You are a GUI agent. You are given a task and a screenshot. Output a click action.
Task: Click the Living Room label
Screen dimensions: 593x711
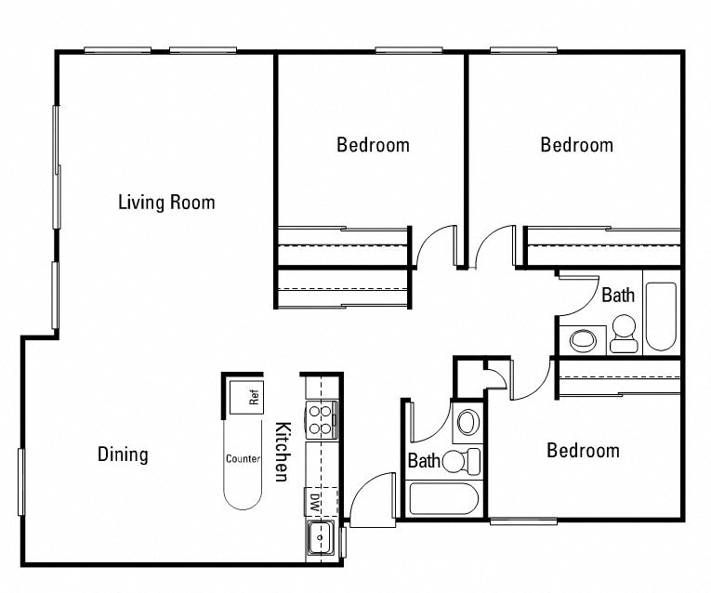pos(166,202)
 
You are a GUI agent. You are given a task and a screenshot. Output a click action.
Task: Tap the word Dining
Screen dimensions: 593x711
pos(123,455)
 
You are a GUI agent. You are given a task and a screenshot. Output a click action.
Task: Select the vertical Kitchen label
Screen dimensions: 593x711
pos(282,452)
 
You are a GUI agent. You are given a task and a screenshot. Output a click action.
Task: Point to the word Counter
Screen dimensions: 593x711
pos(242,458)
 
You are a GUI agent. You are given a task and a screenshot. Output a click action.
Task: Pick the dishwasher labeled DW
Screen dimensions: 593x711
pos(315,502)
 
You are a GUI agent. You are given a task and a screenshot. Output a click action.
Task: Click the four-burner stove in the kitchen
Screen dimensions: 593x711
pos(321,420)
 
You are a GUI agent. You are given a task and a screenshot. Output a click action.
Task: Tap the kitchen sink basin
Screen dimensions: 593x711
pos(320,536)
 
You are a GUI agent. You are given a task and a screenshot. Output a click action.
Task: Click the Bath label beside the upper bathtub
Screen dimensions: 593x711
pos(618,296)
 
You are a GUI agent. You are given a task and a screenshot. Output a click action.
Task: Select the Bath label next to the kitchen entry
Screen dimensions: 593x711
pos(424,460)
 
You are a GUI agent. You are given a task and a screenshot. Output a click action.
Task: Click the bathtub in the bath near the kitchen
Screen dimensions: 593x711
pos(443,498)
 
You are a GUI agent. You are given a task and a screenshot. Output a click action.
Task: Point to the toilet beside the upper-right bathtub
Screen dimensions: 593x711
pos(623,335)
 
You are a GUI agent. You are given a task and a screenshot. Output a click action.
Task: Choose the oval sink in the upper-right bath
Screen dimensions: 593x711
pos(584,339)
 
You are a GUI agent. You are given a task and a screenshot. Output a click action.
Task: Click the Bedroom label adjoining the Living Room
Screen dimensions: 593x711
pos(373,145)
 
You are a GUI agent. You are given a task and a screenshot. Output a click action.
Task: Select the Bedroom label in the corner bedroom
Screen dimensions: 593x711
pos(576,145)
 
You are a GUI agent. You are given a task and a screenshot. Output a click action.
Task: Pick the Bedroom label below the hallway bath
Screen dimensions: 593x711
pos(583,451)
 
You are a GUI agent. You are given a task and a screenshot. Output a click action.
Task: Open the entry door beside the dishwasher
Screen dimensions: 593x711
pos(372,497)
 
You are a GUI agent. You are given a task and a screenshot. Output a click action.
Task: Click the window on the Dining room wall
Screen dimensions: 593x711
pos(20,481)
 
